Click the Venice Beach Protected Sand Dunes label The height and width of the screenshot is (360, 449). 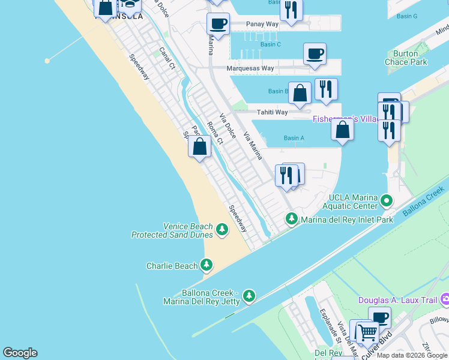[x=172, y=230]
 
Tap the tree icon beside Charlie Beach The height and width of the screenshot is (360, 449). [x=206, y=265]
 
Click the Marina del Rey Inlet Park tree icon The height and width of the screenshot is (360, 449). [x=292, y=219]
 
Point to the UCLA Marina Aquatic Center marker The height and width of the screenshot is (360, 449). [x=387, y=200]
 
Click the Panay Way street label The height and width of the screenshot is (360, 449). [x=262, y=25]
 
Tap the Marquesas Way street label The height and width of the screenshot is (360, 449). [x=250, y=68]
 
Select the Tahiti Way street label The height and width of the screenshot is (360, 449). [x=272, y=112]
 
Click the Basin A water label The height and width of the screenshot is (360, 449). [x=294, y=138]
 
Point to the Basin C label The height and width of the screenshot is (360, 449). [x=270, y=44]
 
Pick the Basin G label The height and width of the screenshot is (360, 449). [x=406, y=16]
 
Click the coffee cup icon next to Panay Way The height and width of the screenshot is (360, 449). [x=218, y=24]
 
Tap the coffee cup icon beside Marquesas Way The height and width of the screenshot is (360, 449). [x=315, y=54]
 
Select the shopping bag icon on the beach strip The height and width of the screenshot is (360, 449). [x=199, y=146]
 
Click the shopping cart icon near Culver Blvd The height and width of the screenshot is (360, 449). [x=367, y=331]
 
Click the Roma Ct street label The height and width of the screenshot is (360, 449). [x=215, y=133]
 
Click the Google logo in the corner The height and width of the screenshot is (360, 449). [x=20, y=353]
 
